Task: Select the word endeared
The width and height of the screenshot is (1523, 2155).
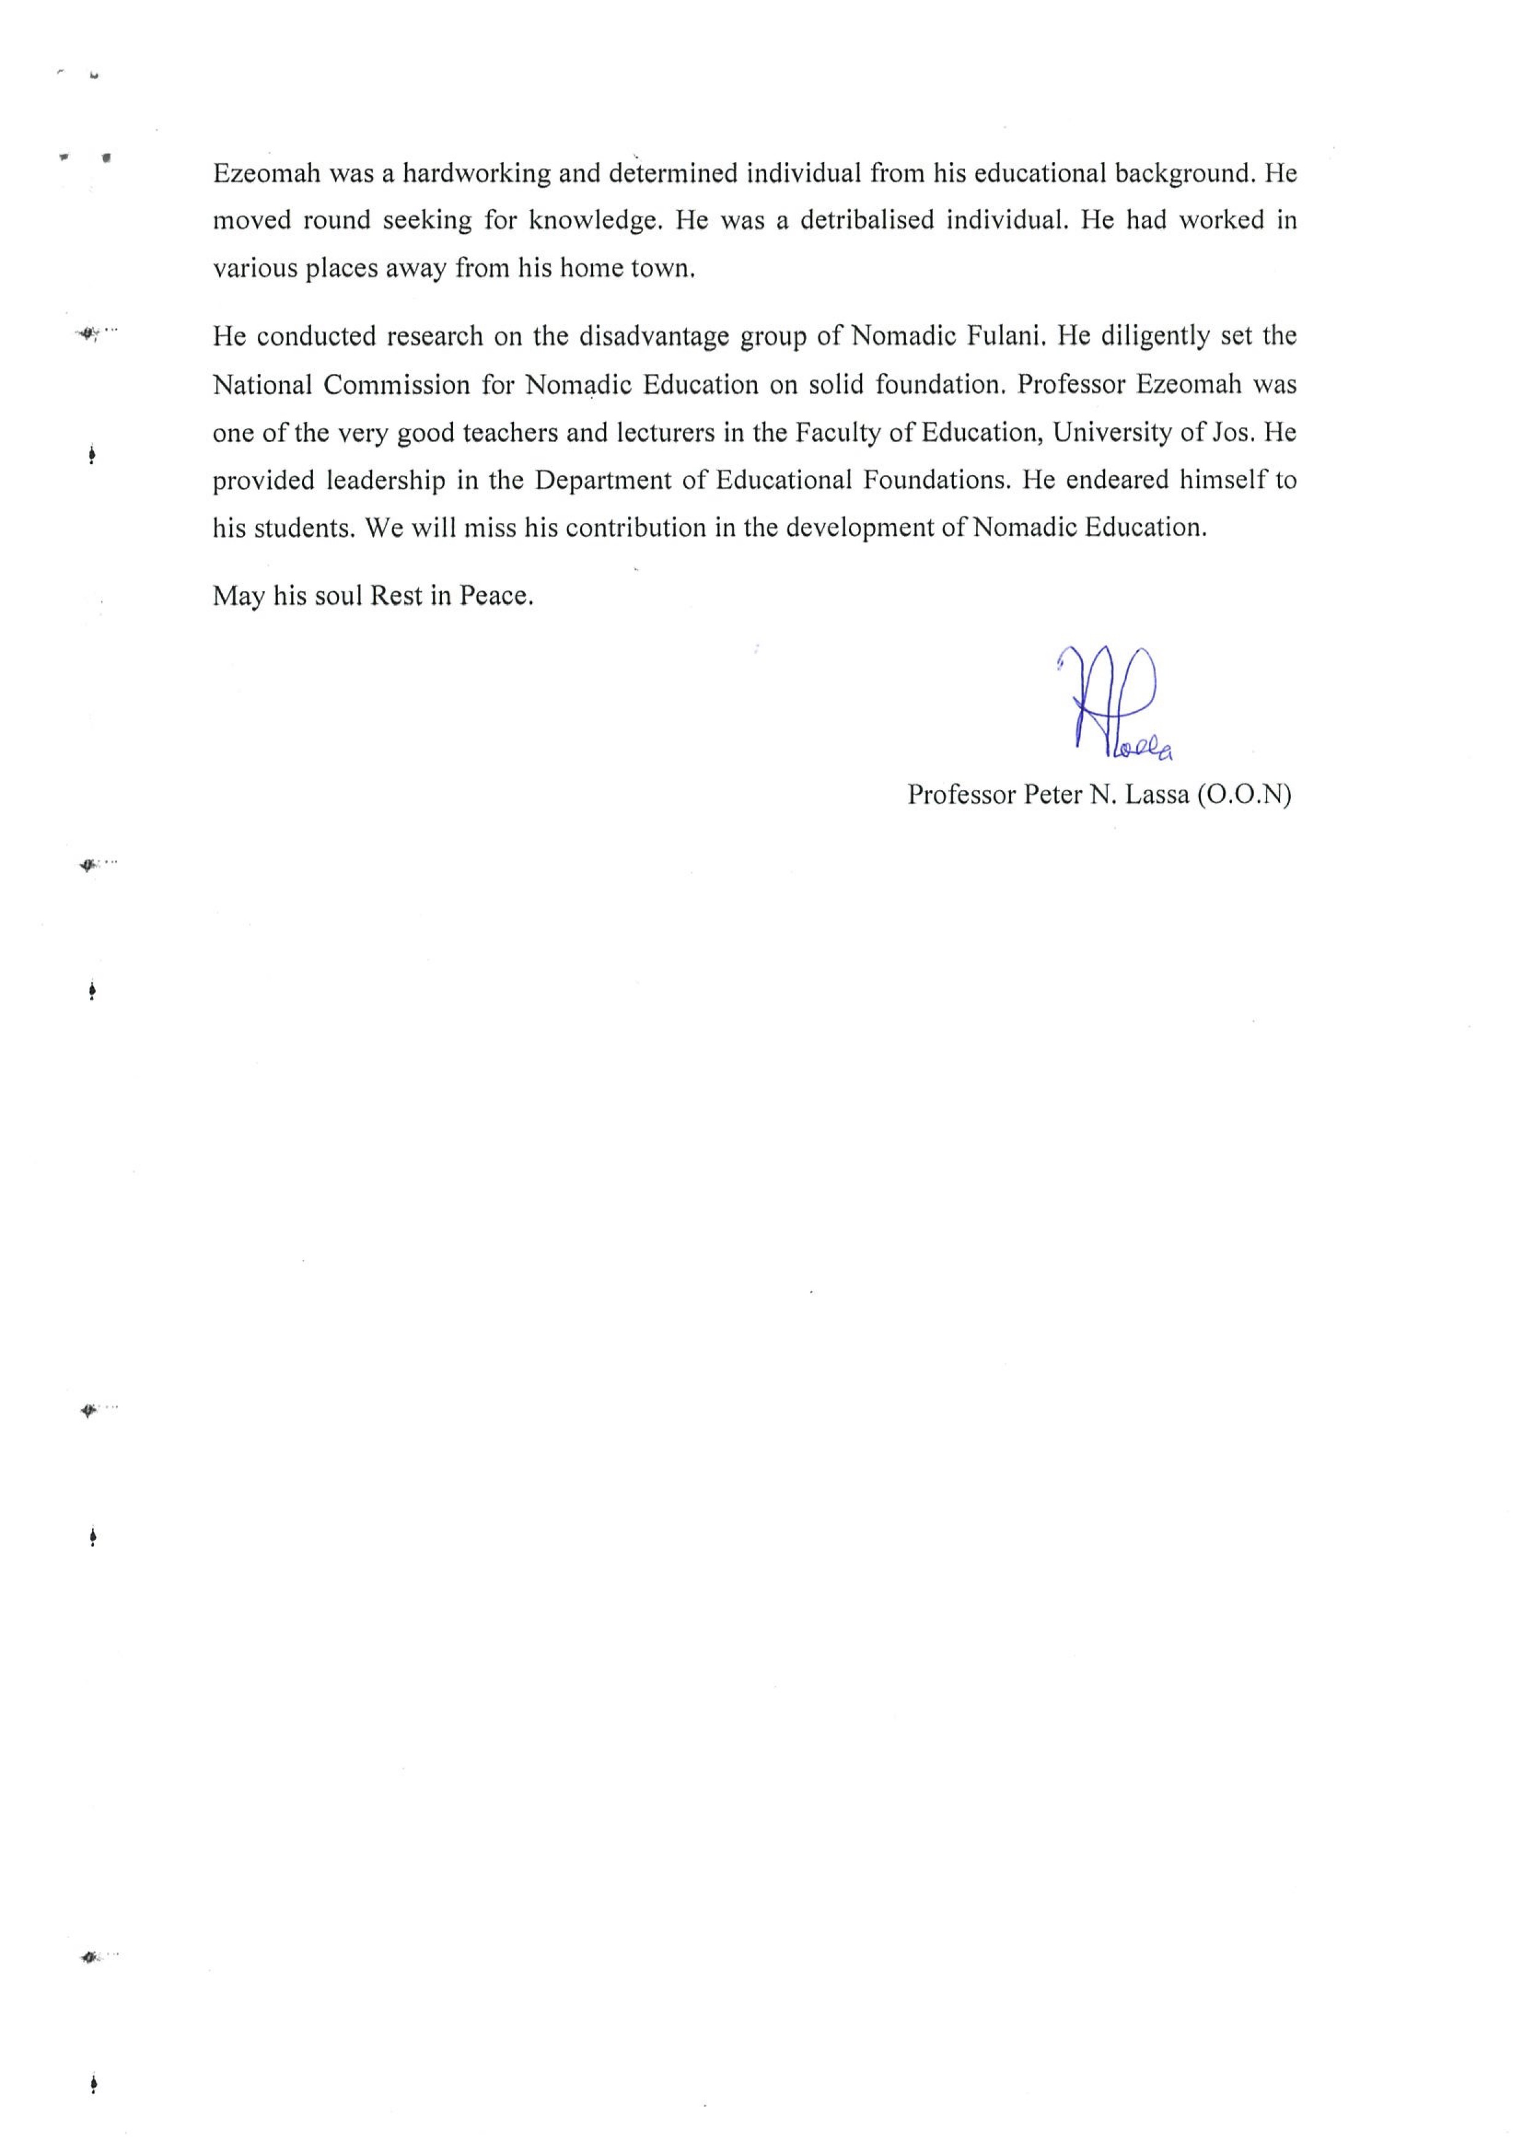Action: (1115, 481)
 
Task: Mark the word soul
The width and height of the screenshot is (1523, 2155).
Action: (339, 596)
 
